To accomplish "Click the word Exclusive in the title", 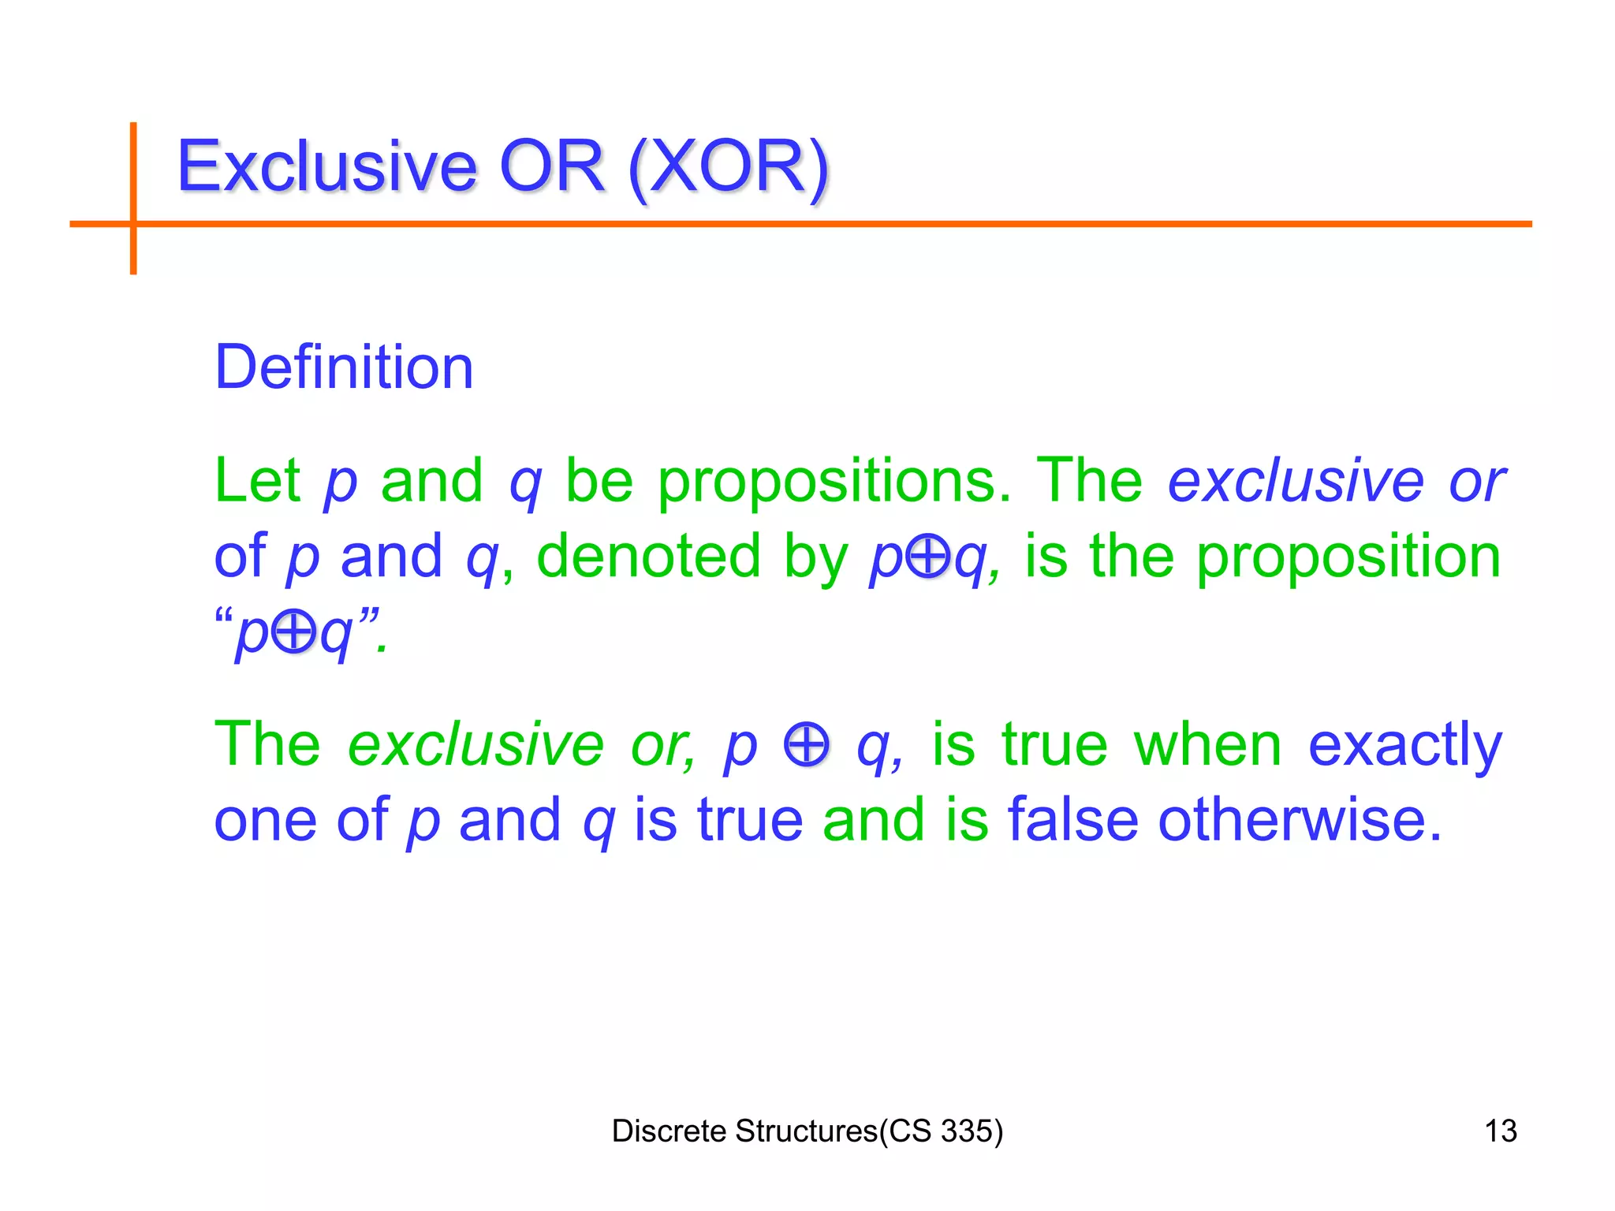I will tap(326, 166).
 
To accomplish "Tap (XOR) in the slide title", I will tap(729, 168).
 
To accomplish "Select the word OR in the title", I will tap(551, 166).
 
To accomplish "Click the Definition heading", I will tap(344, 367).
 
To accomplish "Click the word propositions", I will tap(834, 481).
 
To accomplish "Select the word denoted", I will tap(648, 556).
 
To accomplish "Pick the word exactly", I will tap(1405, 744).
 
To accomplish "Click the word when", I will tap(1207, 744).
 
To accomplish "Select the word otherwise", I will tap(1300, 820).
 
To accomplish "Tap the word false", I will tap(1072, 820).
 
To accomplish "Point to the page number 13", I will tap(1500, 1131).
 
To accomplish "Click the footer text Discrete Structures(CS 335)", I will tap(807, 1131).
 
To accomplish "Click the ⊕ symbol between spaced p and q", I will tap(807, 744).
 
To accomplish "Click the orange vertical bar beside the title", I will tap(133, 197).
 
